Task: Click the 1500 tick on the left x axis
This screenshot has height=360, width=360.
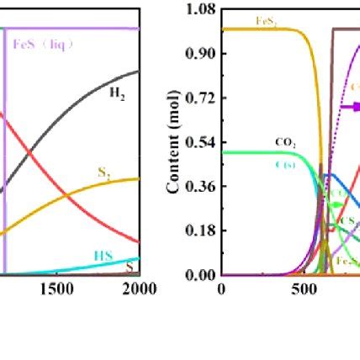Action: coord(57,289)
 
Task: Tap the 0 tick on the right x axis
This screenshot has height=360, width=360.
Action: coord(221,289)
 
